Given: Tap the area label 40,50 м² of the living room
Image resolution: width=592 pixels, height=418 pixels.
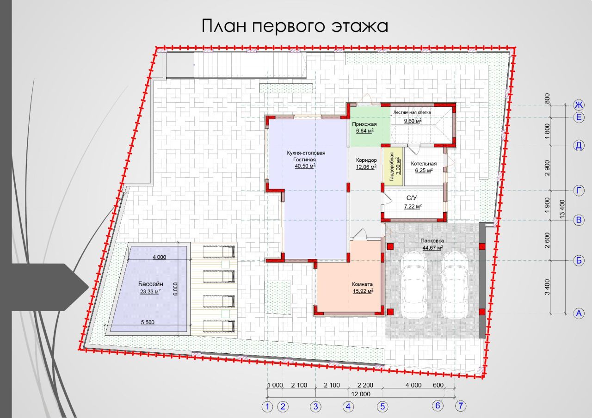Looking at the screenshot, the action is [306, 166].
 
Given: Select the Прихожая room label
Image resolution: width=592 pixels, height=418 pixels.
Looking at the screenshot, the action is [364, 124].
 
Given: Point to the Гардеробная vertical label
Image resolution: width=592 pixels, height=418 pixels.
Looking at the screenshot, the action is [392, 167].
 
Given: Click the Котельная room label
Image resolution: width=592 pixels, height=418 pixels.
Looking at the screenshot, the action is [424, 164].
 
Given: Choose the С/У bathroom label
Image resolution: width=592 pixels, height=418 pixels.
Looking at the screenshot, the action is [412, 198].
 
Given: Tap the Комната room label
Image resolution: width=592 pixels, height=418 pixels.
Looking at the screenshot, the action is [362, 284].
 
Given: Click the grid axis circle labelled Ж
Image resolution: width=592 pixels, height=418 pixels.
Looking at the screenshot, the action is [579, 105].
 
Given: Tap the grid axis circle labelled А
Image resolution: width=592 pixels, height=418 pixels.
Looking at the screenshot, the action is [579, 313].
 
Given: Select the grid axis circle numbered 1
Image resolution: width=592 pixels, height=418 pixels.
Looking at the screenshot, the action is [267, 406].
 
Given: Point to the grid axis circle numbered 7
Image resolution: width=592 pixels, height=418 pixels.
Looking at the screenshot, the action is [461, 406].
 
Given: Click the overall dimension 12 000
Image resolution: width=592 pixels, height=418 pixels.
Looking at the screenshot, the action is [361, 394].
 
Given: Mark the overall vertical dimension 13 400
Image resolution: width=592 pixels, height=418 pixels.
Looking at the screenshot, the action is [562, 209].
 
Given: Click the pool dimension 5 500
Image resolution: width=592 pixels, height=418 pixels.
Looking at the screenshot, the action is [148, 322].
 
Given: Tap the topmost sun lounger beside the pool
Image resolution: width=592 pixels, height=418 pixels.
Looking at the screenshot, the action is [219, 252].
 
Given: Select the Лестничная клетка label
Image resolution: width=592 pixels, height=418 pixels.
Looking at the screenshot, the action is [412, 112].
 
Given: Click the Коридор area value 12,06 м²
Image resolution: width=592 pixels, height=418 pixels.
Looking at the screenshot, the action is [366, 167].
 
